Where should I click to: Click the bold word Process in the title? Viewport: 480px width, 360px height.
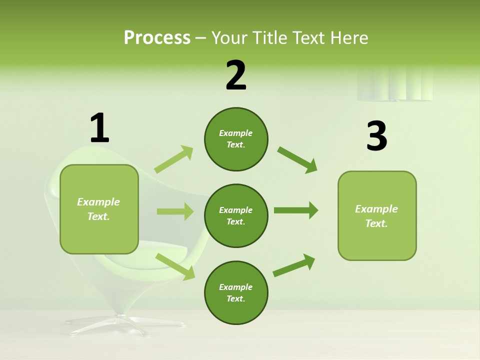point(157,37)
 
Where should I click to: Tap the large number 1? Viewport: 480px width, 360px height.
point(99,128)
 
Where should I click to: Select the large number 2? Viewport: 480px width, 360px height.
point(236,75)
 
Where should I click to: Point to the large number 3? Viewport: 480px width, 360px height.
point(376,136)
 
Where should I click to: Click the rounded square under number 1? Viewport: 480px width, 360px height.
point(99,209)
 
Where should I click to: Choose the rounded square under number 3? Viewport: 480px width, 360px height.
point(377,216)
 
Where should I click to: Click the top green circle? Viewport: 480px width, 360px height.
point(236,139)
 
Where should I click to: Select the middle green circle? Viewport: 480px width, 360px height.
point(236,215)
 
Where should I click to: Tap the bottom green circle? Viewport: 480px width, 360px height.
point(236,292)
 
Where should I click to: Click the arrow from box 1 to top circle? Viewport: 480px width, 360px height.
point(174,159)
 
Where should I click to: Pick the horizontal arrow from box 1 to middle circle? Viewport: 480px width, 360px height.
point(175,211)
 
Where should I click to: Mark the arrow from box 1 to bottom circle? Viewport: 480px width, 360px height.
point(175,266)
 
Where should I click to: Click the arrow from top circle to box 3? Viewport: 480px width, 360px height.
point(297,159)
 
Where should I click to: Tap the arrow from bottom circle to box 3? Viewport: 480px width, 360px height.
point(294,265)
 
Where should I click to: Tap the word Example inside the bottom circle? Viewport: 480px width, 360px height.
point(236,287)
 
